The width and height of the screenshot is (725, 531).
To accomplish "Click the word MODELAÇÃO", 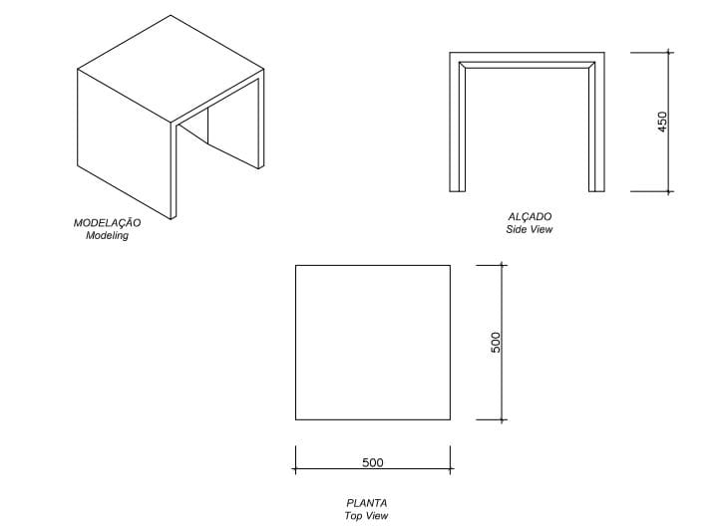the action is click(x=108, y=222).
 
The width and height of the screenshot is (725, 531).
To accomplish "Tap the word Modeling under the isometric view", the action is click(x=108, y=235).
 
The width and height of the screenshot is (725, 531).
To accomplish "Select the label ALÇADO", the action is click(x=530, y=216).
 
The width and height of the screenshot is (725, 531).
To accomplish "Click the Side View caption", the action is click(x=530, y=229).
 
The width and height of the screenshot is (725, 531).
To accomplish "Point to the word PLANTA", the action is click(x=367, y=503).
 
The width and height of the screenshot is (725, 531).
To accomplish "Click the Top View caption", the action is click(x=366, y=516).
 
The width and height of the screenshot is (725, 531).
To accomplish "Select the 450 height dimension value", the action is click(x=662, y=122).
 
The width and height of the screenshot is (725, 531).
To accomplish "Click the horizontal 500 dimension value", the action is click(x=373, y=462).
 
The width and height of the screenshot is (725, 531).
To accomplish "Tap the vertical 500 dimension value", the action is click(x=496, y=342).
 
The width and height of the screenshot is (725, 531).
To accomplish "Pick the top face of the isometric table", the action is click(x=172, y=70).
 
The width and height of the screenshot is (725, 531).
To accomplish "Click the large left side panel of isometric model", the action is click(x=125, y=143).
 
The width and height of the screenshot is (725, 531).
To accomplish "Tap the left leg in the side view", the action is click(x=458, y=125).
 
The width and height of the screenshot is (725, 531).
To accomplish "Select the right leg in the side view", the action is click(x=596, y=125).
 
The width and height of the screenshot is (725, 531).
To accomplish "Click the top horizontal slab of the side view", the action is click(x=528, y=61).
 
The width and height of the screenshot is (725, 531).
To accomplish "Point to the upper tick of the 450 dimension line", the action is click(x=668, y=52).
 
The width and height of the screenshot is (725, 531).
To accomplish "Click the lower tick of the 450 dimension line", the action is click(x=668, y=190).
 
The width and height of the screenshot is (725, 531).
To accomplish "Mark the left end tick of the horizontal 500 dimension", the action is click(x=295, y=469).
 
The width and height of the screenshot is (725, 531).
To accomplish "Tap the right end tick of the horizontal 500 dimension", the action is click(x=451, y=469).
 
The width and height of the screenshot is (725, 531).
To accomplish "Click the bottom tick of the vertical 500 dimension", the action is click(x=503, y=419).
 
